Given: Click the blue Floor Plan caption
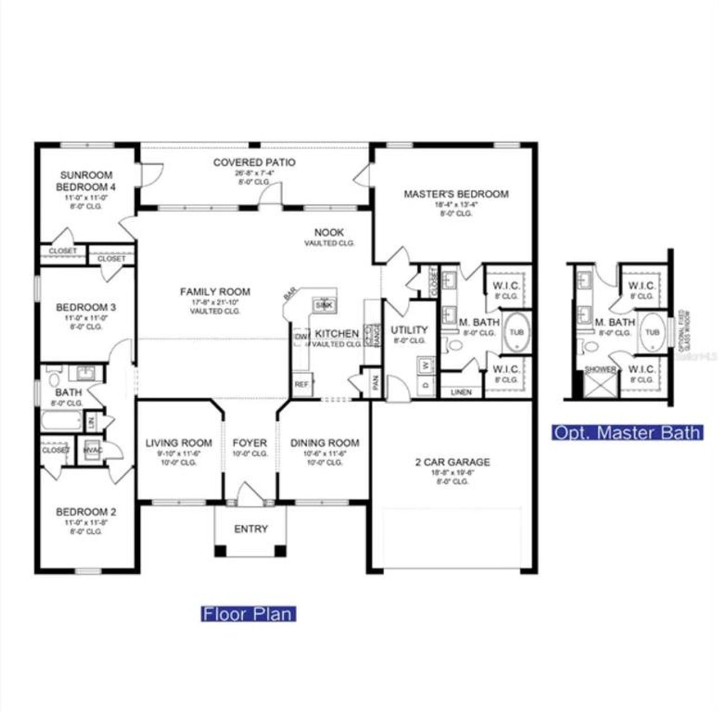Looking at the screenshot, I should (248, 614).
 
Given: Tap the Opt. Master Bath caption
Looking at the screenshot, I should (626, 432).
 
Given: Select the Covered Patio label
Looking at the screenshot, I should (254, 163).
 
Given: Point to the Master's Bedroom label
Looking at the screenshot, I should (456, 194).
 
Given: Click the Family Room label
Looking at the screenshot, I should (215, 292).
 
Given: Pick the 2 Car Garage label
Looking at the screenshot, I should (452, 462).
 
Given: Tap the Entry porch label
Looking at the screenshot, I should (251, 529).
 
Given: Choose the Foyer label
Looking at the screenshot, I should (249, 443).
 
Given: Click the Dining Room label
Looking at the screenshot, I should (325, 443).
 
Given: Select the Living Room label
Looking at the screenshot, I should (179, 443).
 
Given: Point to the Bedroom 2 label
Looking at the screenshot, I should (86, 512).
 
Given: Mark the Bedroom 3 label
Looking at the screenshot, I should (86, 307).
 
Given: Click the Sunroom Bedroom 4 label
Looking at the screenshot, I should (86, 181).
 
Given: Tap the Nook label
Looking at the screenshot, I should (329, 233).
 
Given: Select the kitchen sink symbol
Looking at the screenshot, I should (323, 305).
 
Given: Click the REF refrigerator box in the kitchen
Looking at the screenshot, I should (302, 385).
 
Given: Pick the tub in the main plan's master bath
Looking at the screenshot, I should (516, 332).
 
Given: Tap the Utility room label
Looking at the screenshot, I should (409, 330).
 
